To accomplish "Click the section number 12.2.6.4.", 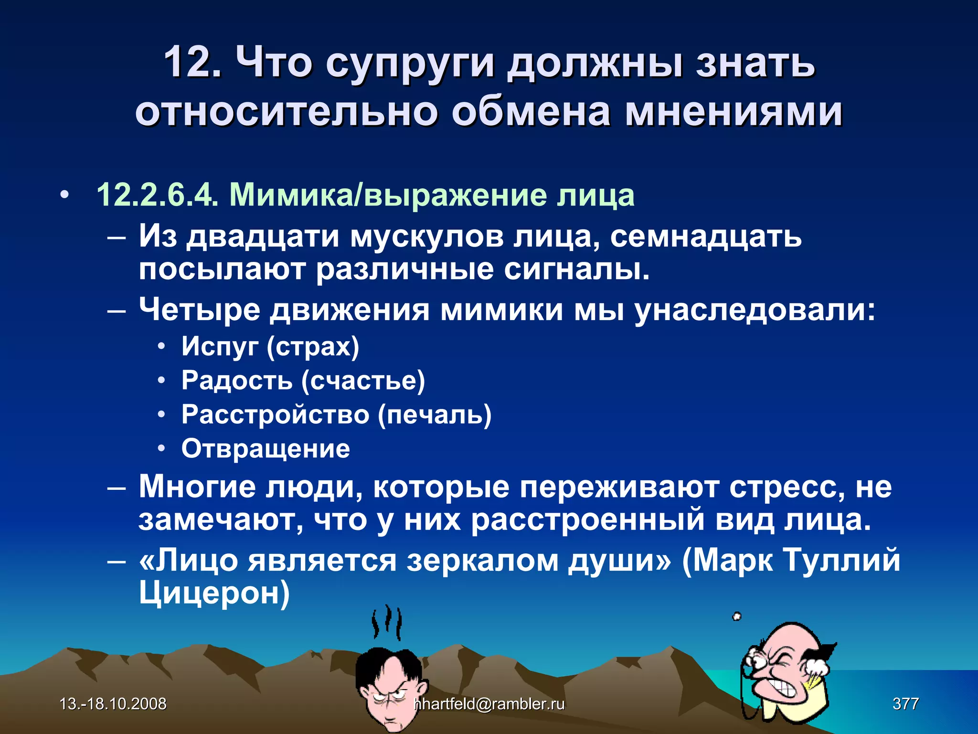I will tap(157, 195).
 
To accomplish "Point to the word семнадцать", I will tap(706, 236).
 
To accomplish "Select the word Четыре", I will tap(199, 310).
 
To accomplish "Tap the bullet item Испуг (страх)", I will tap(270, 346).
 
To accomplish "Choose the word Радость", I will tap(236, 380).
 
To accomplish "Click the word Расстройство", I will tap(275, 414).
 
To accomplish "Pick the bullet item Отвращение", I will tap(266, 449).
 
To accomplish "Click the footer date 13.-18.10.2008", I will tap(113, 703).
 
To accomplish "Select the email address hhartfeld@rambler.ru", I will tap(489, 703).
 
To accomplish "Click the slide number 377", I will tap(905, 703).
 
